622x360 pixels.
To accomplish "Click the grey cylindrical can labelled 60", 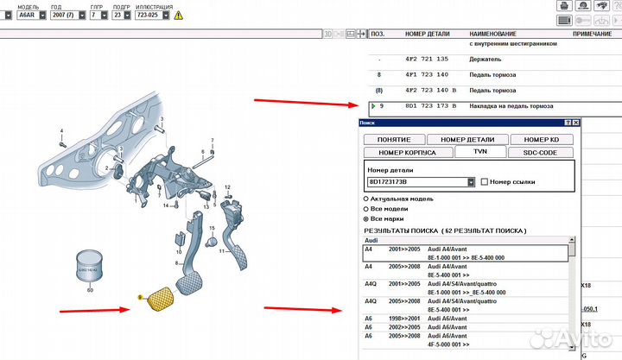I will coord(90,265).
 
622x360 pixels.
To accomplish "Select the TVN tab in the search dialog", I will coord(479,152).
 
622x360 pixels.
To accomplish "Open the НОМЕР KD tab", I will coord(543,139).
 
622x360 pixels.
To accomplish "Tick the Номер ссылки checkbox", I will coord(484,182).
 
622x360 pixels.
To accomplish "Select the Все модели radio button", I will coord(365,208).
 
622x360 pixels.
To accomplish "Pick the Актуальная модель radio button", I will coord(365,198).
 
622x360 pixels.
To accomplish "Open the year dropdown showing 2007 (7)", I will coord(67,15).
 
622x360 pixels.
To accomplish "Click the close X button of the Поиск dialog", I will coord(576,124).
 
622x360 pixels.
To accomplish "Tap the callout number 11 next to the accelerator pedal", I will coord(222,251).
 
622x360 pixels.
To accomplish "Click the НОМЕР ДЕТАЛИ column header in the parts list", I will coord(428,34).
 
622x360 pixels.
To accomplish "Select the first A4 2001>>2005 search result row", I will coord(466,252).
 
